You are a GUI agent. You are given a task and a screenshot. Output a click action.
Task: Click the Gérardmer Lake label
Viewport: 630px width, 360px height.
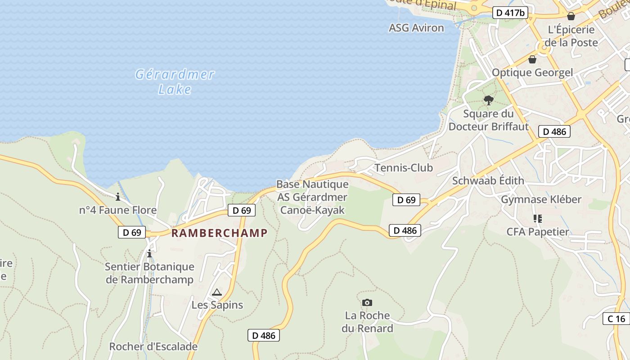click(175, 81)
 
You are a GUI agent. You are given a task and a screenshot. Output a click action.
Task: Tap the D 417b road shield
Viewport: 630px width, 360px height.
click(510, 13)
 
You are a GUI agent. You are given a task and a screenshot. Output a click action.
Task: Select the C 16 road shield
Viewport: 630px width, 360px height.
click(616, 319)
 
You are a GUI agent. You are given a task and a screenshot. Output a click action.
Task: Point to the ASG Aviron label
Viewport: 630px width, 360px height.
click(416, 28)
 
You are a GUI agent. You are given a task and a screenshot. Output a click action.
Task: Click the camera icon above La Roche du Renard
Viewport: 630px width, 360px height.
click(367, 302)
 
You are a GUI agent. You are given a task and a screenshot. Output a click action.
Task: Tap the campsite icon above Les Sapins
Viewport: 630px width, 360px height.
click(217, 292)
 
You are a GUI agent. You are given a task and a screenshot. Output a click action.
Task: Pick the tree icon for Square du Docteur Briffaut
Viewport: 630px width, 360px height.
click(488, 100)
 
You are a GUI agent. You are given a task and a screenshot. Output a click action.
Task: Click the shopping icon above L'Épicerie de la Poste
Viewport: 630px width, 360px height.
click(571, 17)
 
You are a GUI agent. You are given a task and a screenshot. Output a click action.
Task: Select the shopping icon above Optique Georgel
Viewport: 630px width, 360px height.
click(532, 59)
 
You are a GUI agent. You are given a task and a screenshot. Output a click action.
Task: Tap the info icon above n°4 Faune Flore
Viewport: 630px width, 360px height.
click(118, 197)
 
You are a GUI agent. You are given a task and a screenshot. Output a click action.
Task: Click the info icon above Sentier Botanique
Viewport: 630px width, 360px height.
click(149, 254)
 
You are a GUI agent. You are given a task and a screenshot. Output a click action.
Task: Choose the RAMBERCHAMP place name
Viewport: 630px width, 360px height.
click(220, 233)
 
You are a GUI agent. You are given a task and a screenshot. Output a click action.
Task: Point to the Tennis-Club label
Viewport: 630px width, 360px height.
click(404, 168)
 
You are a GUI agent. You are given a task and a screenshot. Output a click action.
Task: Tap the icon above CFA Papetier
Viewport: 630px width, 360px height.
click(537, 219)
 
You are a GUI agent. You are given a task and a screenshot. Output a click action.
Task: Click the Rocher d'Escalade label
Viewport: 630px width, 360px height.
click(153, 346)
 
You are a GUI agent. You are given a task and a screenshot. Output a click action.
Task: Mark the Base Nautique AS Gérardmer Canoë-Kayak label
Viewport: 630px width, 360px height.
click(312, 197)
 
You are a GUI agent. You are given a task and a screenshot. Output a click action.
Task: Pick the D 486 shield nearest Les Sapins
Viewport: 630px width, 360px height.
click(264, 335)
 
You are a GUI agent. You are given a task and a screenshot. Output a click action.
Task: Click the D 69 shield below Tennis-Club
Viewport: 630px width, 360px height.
click(406, 200)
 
